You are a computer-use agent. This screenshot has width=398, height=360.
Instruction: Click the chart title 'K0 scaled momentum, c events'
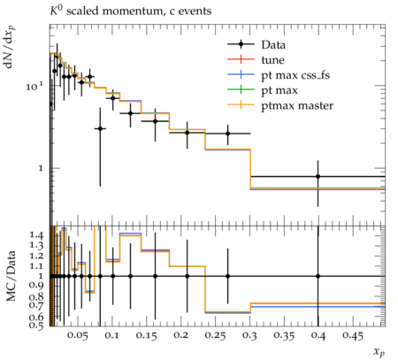coord(131,11)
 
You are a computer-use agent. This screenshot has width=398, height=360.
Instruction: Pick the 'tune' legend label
coord(272,60)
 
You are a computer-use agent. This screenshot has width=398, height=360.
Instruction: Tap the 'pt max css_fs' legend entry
coord(295,75)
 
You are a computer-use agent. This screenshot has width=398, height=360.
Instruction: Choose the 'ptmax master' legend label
coord(297,106)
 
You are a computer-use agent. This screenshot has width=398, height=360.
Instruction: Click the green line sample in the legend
coord(241,89)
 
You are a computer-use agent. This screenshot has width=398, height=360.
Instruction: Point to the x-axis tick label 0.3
coord(249,335)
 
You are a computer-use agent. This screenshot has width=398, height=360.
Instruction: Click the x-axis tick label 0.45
coord(353,335)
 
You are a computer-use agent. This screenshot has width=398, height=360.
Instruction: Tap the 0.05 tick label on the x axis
coord(77,335)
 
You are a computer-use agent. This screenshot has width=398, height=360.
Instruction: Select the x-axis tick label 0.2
coord(180,335)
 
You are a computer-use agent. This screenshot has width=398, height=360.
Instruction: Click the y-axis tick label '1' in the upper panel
coord(41,168)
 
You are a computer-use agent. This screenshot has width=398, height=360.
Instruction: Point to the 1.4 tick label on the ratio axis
coord(37,235)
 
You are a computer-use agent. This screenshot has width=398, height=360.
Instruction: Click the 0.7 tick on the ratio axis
coord(36,304)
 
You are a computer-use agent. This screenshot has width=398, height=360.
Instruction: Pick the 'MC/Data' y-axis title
coord(11,276)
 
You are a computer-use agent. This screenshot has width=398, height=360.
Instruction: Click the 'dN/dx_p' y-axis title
coord(9,47)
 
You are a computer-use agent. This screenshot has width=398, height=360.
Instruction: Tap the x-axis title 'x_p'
coord(379,352)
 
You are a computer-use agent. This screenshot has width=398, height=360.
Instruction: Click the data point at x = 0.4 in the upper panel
coord(318,176)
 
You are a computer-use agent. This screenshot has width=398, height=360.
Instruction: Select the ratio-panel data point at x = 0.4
coord(318,276)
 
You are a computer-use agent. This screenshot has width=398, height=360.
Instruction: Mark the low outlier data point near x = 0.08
coord(100,128)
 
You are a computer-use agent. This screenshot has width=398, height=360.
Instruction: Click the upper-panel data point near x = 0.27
coord(227,134)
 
